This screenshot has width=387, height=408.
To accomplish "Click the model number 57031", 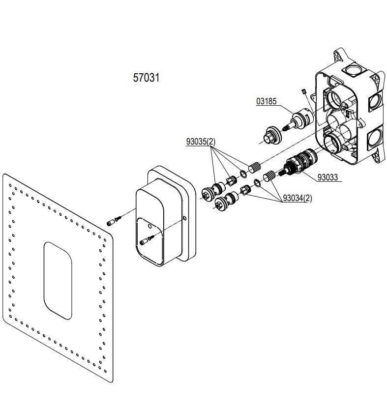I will pos(146,78).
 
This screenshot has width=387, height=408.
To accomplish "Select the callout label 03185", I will pos(267,102).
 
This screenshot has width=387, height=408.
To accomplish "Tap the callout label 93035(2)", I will pos(201,142).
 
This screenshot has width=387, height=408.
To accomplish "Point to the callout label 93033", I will pos(327,177).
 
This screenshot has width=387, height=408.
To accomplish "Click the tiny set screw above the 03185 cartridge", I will pos(304,91).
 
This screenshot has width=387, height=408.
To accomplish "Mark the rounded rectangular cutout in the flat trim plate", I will pos(58,278).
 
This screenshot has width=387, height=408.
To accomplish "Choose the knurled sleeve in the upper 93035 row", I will pos(255,167).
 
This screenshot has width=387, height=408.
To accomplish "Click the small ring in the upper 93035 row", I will pos(243,174).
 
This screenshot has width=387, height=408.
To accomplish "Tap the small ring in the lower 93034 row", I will pos(257,184).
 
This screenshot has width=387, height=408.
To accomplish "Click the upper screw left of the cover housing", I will pos(113,220).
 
